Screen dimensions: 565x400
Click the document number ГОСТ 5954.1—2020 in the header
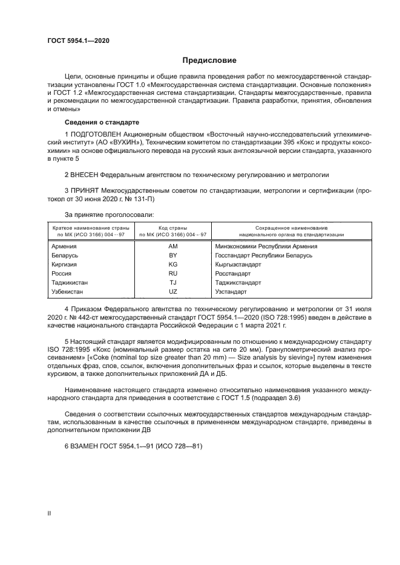[x=78, y=41]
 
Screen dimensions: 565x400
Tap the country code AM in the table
[x=173, y=246]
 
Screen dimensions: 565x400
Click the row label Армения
[x=64, y=246]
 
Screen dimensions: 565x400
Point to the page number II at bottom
[x=50, y=513]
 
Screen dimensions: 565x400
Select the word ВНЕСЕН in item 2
[x=87, y=175]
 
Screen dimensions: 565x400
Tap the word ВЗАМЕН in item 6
[x=87, y=446]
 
